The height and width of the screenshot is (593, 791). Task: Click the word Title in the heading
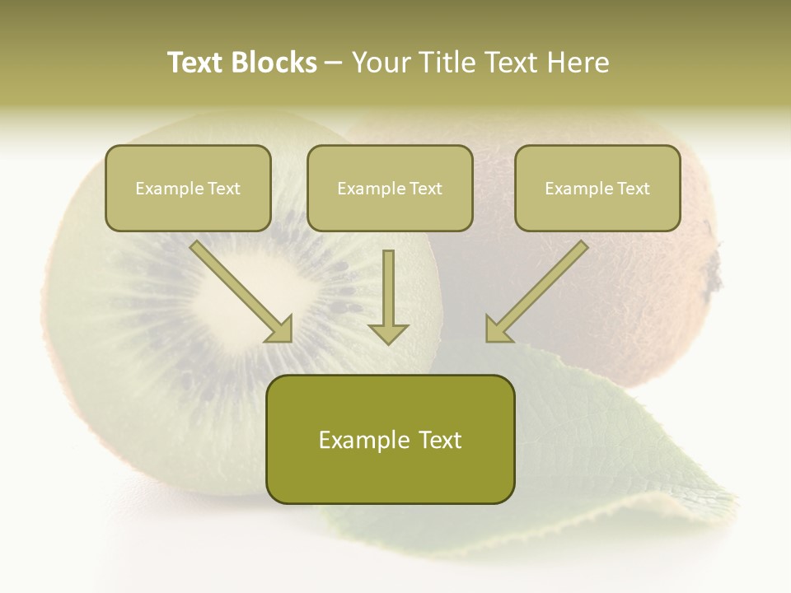442,63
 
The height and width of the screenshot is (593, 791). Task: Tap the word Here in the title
579,63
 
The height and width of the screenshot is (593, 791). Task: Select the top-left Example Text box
188,188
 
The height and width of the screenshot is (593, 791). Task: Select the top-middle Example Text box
390,188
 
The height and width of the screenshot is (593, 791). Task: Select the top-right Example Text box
597,188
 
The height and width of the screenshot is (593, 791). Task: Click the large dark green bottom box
390,439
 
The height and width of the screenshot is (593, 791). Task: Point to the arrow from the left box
239,288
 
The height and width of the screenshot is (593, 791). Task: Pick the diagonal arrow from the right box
540,288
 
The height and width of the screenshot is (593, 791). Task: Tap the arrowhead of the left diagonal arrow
280,329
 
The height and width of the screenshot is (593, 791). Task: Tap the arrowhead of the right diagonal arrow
498,329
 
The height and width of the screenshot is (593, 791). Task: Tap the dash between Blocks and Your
334,63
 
